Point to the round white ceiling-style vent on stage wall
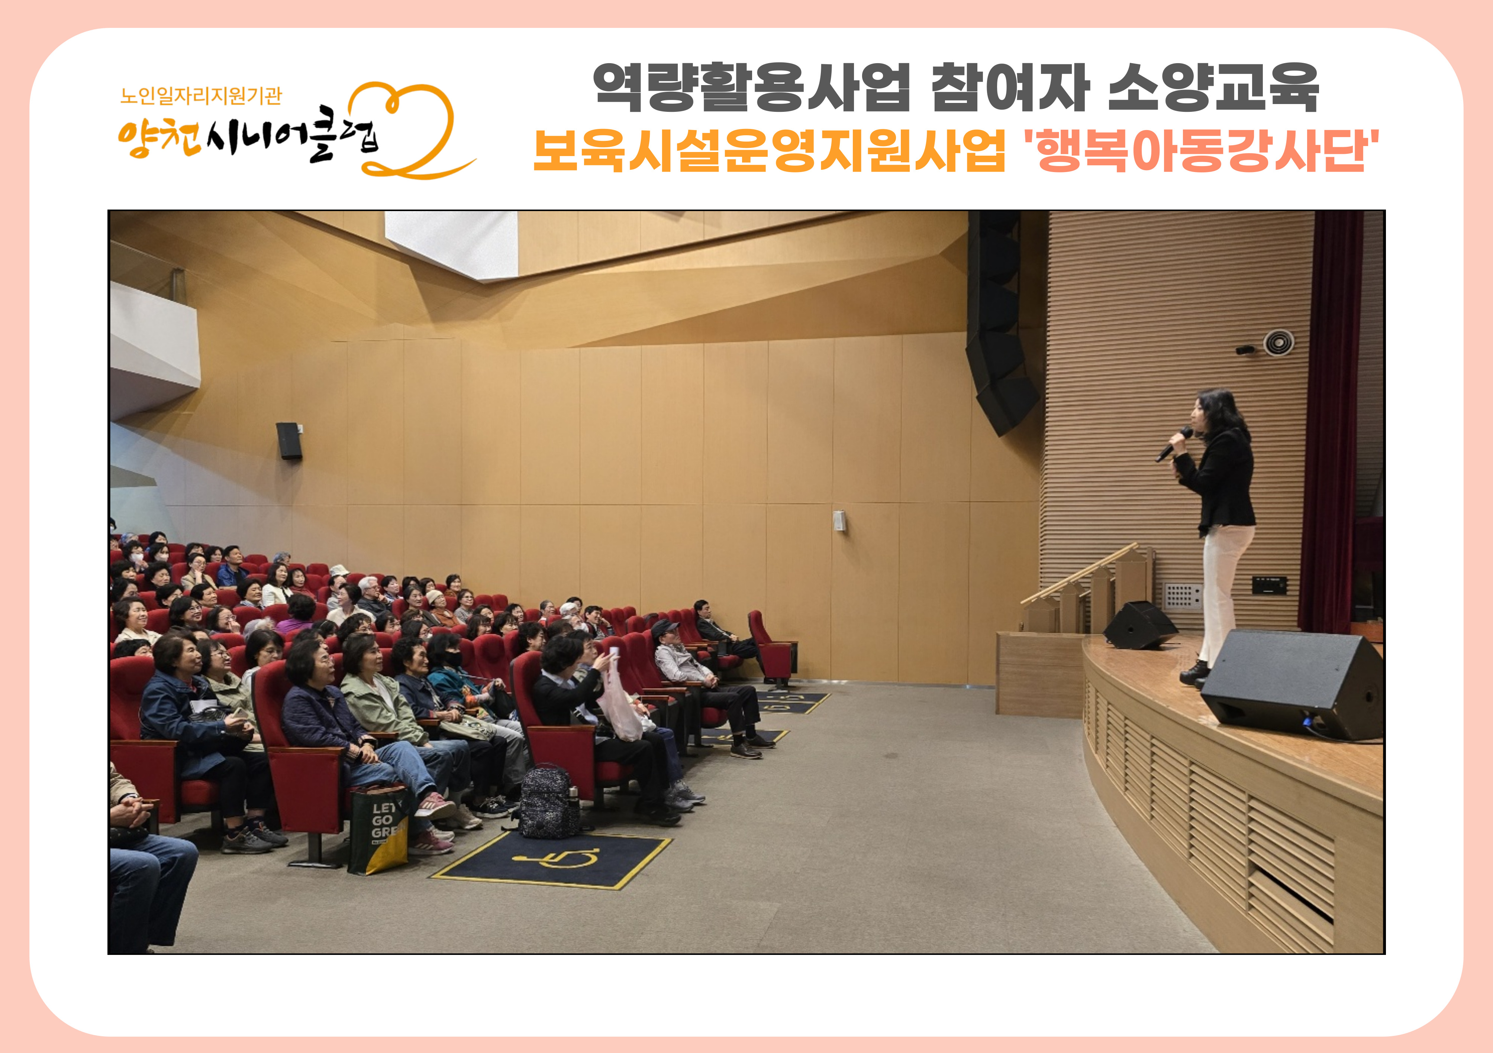click(1278, 343)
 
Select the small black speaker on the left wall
click(289, 441)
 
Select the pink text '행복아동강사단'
click(1202, 151)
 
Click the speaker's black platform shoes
click(1195, 674)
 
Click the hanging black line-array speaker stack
click(999, 322)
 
